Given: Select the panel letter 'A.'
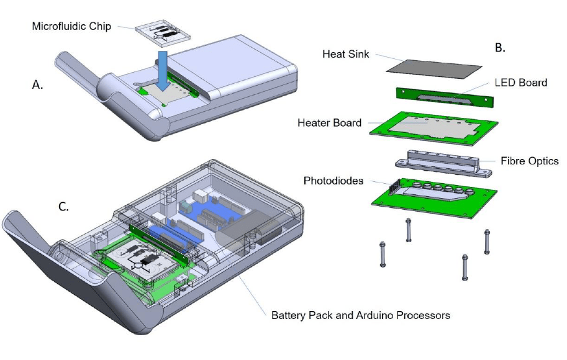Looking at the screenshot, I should click(x=38, y=86).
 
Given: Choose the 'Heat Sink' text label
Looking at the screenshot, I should click(x=345, y=54).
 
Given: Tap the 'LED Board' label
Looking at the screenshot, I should click(x=520, y=83).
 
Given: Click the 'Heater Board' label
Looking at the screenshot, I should click(x=329, y=122).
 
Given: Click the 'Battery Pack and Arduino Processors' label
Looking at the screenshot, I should click(x=360, y=315).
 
